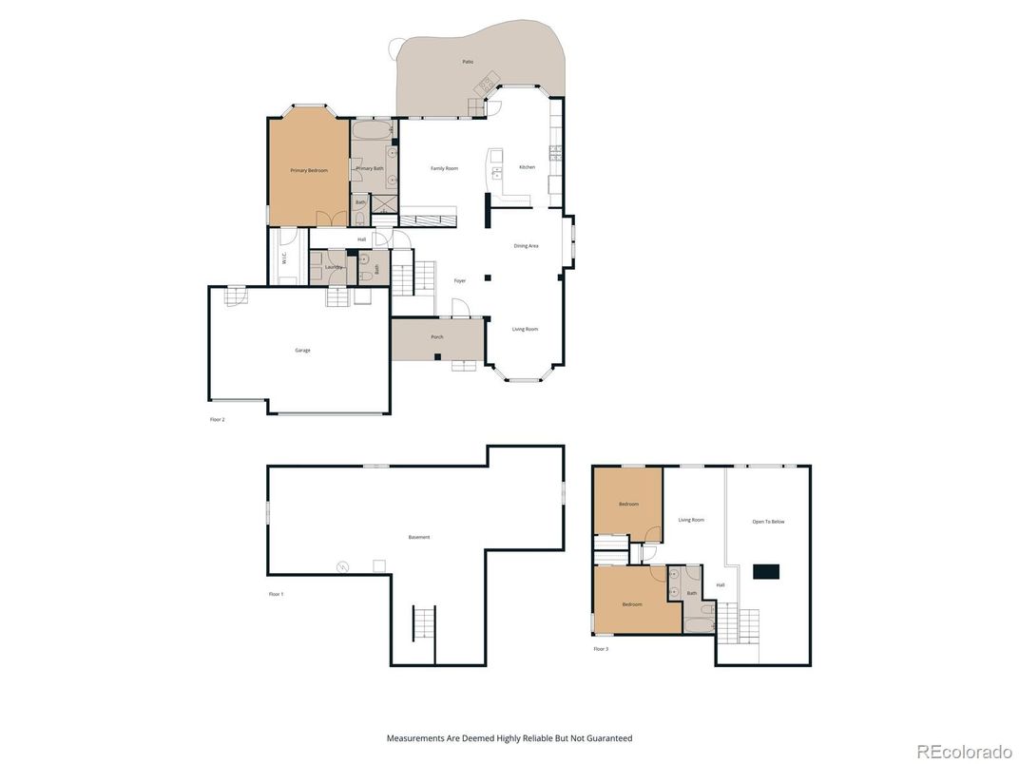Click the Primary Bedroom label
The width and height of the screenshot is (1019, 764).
[x=309, y=170]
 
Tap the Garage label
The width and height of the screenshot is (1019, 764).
[x=302, y=351]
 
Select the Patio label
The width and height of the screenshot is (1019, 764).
[x=468, y=62]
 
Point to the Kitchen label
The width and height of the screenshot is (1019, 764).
[x=527, y=167]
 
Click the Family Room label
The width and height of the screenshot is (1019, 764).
[x=444, y=168]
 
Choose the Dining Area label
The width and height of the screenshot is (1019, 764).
[x=526, y=246]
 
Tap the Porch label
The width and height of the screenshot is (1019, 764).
[x=437, y=337]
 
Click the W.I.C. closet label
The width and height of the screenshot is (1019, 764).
[x=284, y=257]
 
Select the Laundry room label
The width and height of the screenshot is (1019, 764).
[x=333, y=267]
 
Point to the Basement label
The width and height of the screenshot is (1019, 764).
[x=419, y=537]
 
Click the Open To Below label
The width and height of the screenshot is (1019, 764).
[x=768, y=522]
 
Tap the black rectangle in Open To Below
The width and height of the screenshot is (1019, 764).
[x=765, y=571]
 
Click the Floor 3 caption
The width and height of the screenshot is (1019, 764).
[x=601, y=649]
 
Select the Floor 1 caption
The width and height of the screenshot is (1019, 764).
[x=276, y=594]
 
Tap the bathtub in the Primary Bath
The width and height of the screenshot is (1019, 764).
[x=371, y=130]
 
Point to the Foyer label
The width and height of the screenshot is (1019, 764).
[x=459, y=281]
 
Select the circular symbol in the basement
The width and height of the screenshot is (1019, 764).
[x=342, y=567]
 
